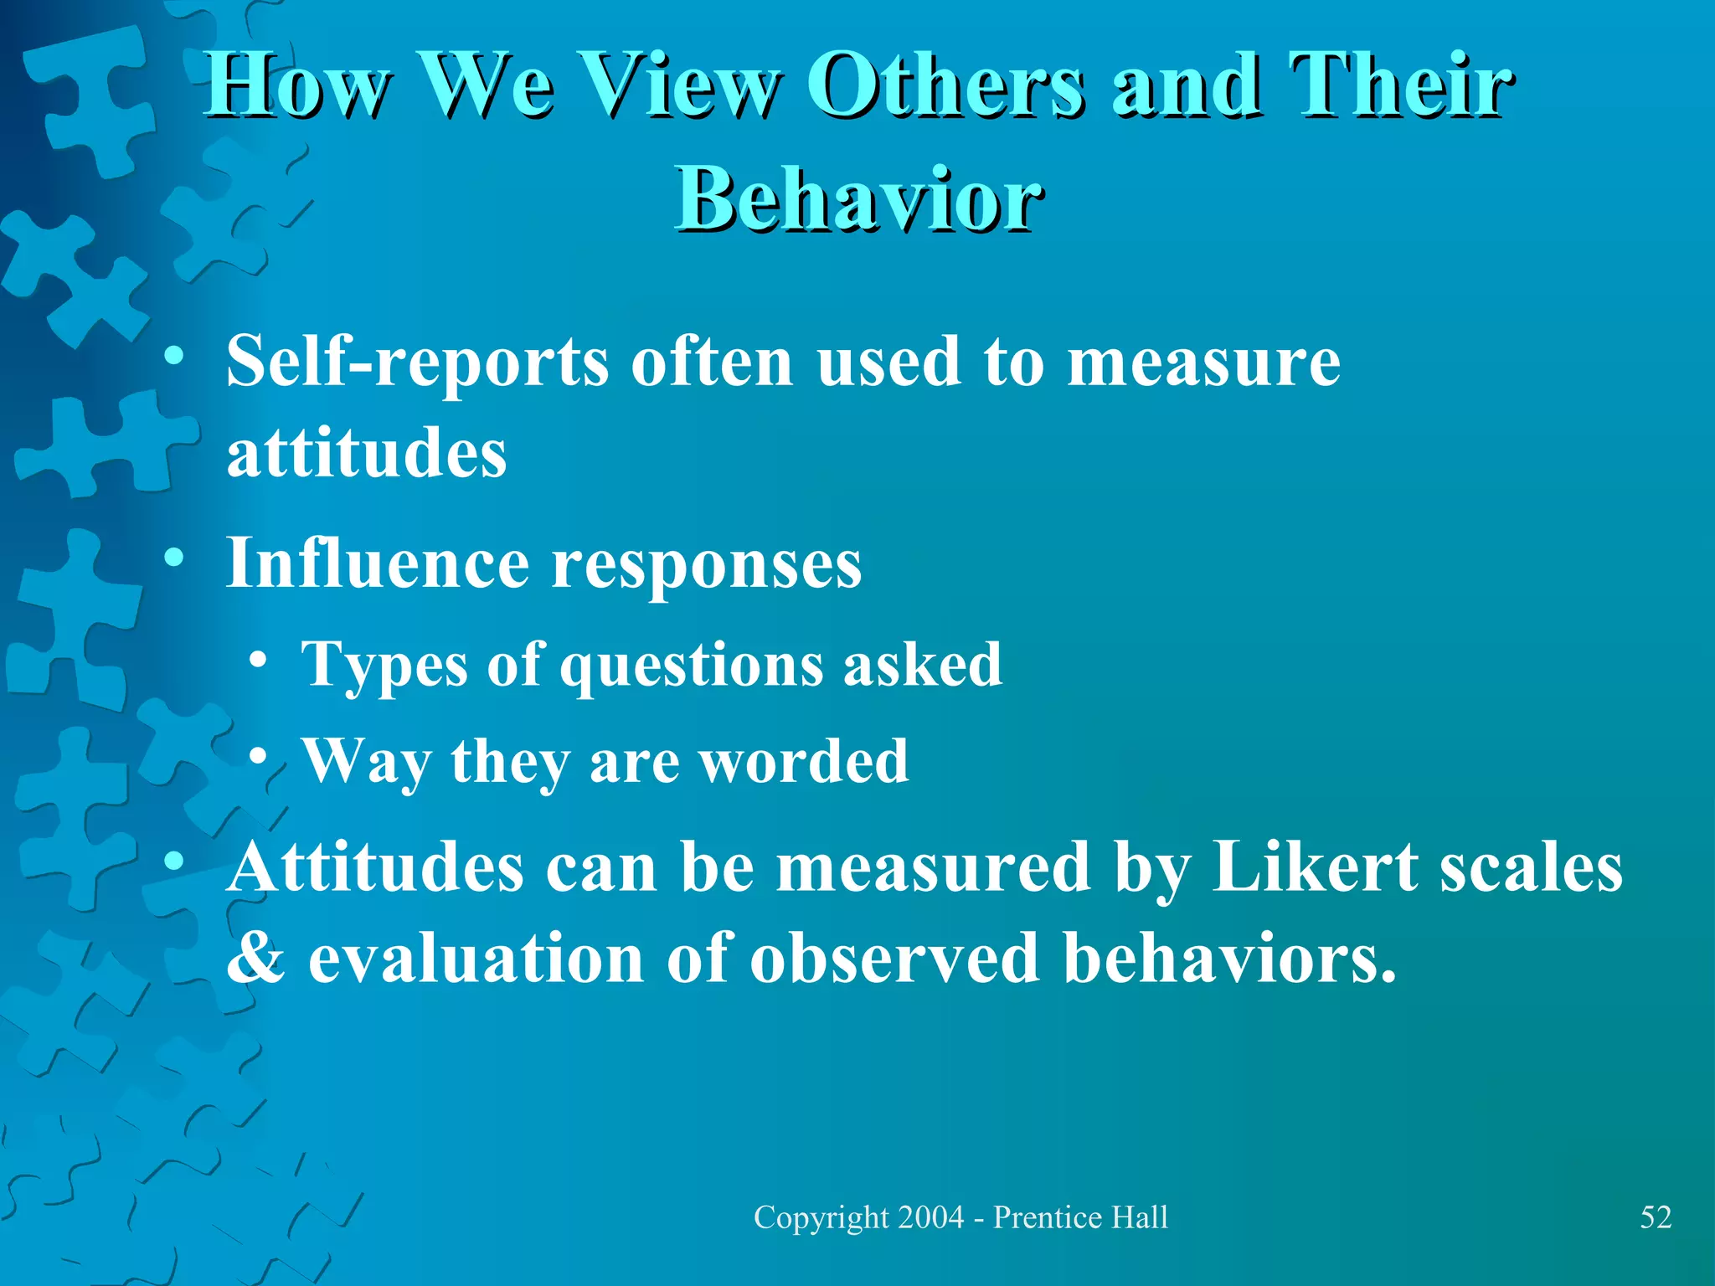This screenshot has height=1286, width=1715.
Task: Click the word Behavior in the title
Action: pos(860,199)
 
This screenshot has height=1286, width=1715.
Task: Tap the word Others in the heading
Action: pos(945,85)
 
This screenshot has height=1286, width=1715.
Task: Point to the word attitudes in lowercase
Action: pos(367,453)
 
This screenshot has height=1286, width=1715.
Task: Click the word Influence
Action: pos(377,563)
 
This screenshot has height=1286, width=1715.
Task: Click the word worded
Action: pos(804,761)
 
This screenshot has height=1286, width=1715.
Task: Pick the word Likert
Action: pos(1314,867)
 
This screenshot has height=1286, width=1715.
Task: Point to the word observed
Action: pos(894,957)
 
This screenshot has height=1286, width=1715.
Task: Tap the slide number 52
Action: pos(1656,1217)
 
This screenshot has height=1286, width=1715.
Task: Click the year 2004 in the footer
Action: pos(930,1217)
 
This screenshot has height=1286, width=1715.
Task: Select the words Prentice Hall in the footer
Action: pos(1080,1217)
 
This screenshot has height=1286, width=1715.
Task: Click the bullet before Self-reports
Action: pos(173,358)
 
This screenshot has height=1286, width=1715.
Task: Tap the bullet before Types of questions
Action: pos(259,659)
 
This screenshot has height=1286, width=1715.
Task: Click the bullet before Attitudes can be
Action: pos(173,861)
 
